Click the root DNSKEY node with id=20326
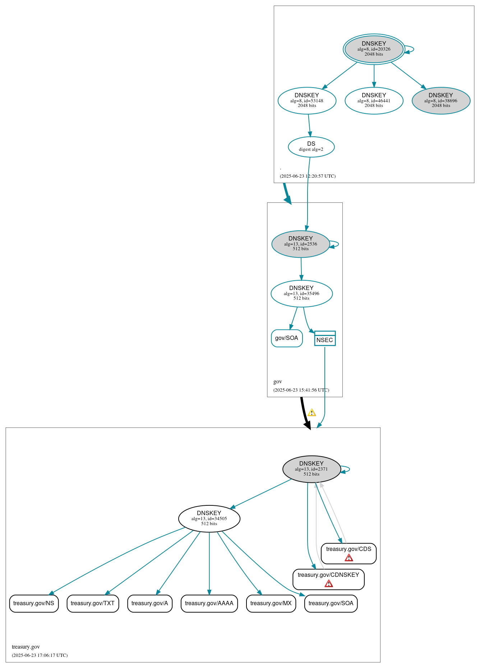pos(374,49)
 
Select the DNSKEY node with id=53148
pos(307,101)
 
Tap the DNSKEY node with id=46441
pos(374,101)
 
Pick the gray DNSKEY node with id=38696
pos(441,101)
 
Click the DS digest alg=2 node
pos(311,146)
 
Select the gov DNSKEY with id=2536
pos(300,244)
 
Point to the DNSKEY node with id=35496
pos(301,293)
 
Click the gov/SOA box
pos(287,338)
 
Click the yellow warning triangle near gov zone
pos(312,413)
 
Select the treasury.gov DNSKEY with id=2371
pos(311,469)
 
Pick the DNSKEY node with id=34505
pos(209,518)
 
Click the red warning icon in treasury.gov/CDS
pos(349,558)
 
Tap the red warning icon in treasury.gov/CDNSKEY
pos(328,584)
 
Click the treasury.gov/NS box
pos(34,603)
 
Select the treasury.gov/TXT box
pos(93,603)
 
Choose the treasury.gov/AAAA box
pos(209,603)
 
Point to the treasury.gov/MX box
pos(271,603)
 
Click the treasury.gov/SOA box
pos(331,603)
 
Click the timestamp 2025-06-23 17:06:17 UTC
pos(40,655)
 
